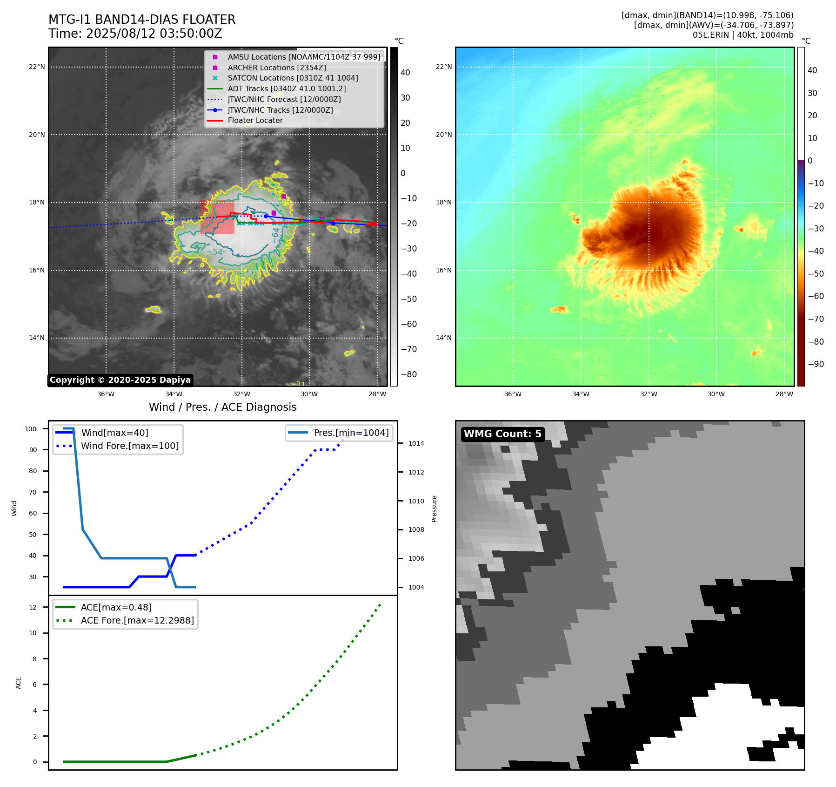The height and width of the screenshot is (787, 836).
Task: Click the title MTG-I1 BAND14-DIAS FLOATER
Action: click(x=142, y=20)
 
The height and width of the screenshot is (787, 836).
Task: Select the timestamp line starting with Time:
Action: click(x=135, y=34)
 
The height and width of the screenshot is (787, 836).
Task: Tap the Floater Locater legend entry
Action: click(x=255, y=120)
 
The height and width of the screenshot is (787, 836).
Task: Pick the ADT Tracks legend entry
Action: click(x=287, y=88)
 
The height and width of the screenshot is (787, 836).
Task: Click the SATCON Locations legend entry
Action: click(x=293, y=78)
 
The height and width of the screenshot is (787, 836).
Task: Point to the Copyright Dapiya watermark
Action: click(x=120, y=380)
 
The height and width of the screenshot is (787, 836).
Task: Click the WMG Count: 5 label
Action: click(x=502, y=434)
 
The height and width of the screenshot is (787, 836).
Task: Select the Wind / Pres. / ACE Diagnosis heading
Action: click(x=222, y=407)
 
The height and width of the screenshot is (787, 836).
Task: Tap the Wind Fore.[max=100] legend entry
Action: click(x=129, y=446)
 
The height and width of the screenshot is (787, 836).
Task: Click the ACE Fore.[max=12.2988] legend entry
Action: click(x=137, y=620)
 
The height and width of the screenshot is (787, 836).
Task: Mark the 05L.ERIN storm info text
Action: click(x=742, y=35)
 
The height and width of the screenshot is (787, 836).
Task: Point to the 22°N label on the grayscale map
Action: click(x=37, y=67)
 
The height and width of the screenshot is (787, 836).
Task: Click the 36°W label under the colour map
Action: click(x=513, y=394)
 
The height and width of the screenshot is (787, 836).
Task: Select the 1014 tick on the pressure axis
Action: click(x=416, y=443)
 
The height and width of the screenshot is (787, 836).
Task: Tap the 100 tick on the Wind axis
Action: click(x=31, y=429)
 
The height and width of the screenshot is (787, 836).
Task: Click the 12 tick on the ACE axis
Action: click(x=33, y=607)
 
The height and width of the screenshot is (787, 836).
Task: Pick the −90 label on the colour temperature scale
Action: click(x=816, y=364)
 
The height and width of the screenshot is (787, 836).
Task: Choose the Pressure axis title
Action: click(x=434, y=509)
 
